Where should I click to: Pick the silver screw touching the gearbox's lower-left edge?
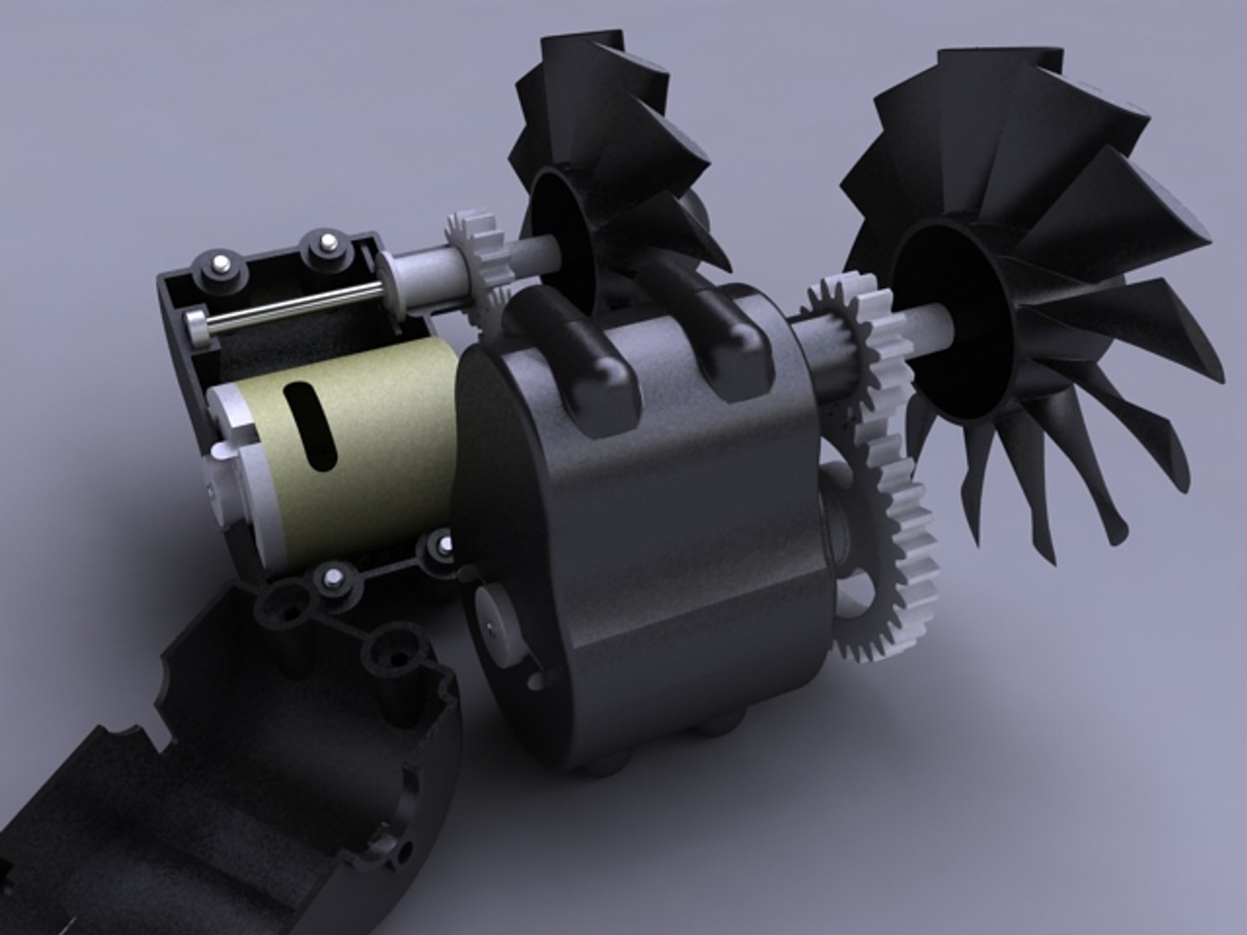coord(445,545)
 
